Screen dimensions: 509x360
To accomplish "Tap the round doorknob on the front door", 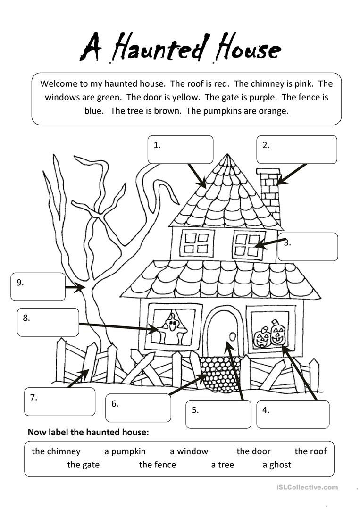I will click(232, 336).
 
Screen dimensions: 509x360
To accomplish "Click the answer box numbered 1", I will click(180, 150).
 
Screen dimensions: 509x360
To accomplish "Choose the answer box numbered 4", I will click(293, 414).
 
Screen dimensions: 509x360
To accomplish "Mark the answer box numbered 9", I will click(38, 287).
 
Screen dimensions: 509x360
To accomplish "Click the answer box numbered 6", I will click(138, 408).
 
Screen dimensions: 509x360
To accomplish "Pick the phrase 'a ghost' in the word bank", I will click(277, 465).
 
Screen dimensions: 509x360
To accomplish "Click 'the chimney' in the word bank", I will click(56, 451).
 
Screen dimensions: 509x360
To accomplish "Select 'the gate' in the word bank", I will click(84, 465).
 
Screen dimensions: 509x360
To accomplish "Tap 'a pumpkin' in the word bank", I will click(125, 451).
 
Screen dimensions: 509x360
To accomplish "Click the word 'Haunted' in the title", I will click(160, 49).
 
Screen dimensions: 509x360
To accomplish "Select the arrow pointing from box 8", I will click(118, 327).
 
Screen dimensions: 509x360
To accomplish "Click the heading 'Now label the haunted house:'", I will click(88, 432).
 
